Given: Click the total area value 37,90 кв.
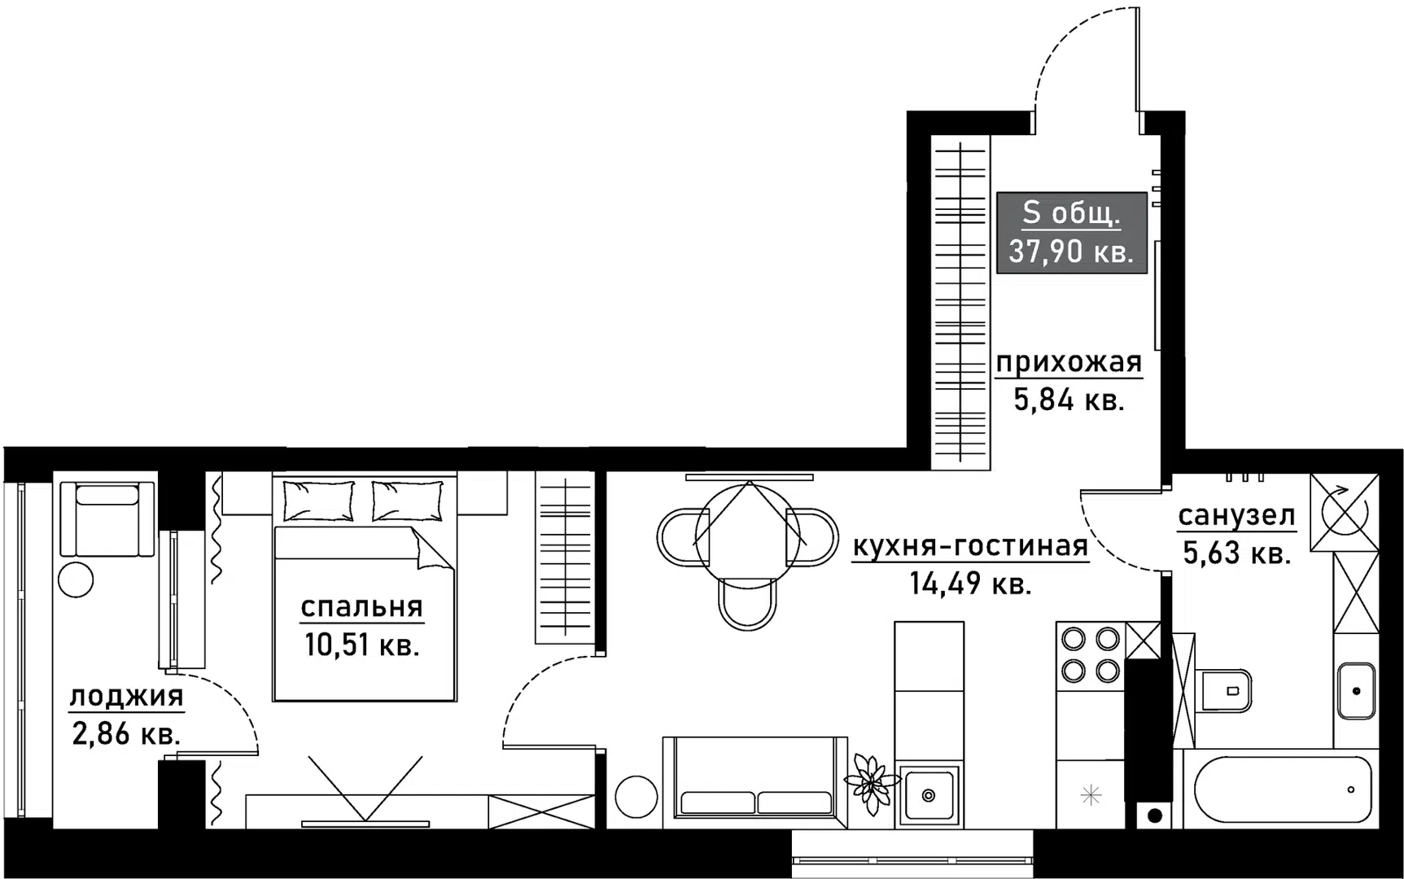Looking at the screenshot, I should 1071,251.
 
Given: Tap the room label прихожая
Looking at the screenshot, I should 1069,362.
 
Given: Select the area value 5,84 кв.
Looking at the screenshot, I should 1069,400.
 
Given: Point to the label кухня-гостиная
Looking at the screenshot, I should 970,546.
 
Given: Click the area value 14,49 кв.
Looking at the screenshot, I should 970,584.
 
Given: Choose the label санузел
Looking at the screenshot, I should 1236,515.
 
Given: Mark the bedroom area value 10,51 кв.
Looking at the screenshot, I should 362,645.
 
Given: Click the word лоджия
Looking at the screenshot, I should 126,697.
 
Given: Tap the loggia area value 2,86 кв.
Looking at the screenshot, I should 126,734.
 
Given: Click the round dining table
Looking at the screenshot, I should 748,535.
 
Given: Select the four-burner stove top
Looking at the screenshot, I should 1091,654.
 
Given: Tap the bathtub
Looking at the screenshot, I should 1282,788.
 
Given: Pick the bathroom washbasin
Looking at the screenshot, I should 1356,691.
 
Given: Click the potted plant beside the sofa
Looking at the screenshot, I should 871,784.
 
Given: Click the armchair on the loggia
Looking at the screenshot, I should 107,518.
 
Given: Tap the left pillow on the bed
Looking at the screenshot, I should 318,499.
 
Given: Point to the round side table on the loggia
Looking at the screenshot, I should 77,579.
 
